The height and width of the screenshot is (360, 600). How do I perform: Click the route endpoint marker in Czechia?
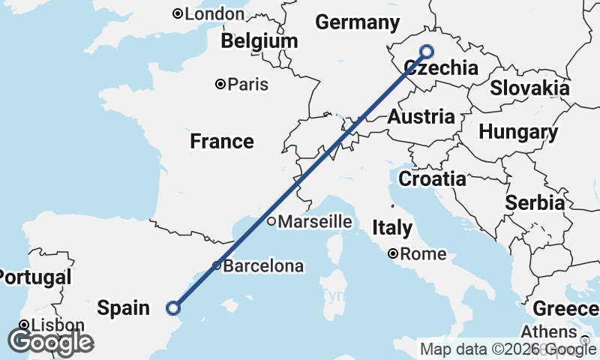[x=427, y=51]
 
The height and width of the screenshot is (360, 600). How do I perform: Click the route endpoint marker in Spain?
[x=173, y=307]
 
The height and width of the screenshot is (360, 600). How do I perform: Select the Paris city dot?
[x=220, y=84]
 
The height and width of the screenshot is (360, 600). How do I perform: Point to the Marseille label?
[x=316, y=221]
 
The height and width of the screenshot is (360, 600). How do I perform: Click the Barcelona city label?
[x=263, y=265]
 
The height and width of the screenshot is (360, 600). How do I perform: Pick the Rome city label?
[x=423, y=254]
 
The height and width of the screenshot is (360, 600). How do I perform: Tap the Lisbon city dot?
[x=24, y=325]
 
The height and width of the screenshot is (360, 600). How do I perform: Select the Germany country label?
[x=356, y=22]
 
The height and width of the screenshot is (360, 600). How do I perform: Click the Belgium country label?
[x=259, y=40]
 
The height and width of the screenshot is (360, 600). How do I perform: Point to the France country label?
[x=221, y=141]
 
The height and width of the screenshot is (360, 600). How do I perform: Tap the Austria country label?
[x=421, y=117]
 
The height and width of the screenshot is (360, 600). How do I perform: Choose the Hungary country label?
[x=518, y=133]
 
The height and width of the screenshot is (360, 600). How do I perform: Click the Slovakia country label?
[x=529, y=88]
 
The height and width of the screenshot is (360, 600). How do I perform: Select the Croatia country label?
[x=432, y=179]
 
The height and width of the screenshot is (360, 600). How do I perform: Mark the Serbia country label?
[x=535, y=202]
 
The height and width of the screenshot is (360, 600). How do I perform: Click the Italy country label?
[x=392, y=227]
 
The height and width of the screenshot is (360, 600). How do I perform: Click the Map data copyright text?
[x=508, y=349]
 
